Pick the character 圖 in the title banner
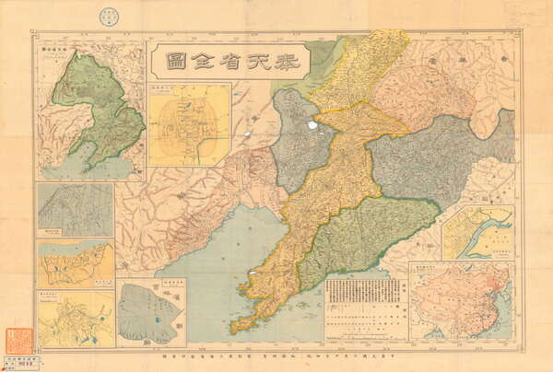[x=174, y=62]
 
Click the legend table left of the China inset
[x=366, y=309]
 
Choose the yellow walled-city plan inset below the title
[x=189, y=124]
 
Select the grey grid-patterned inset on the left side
[x=76, y=210]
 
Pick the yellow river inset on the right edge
[x=477, y=233]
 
